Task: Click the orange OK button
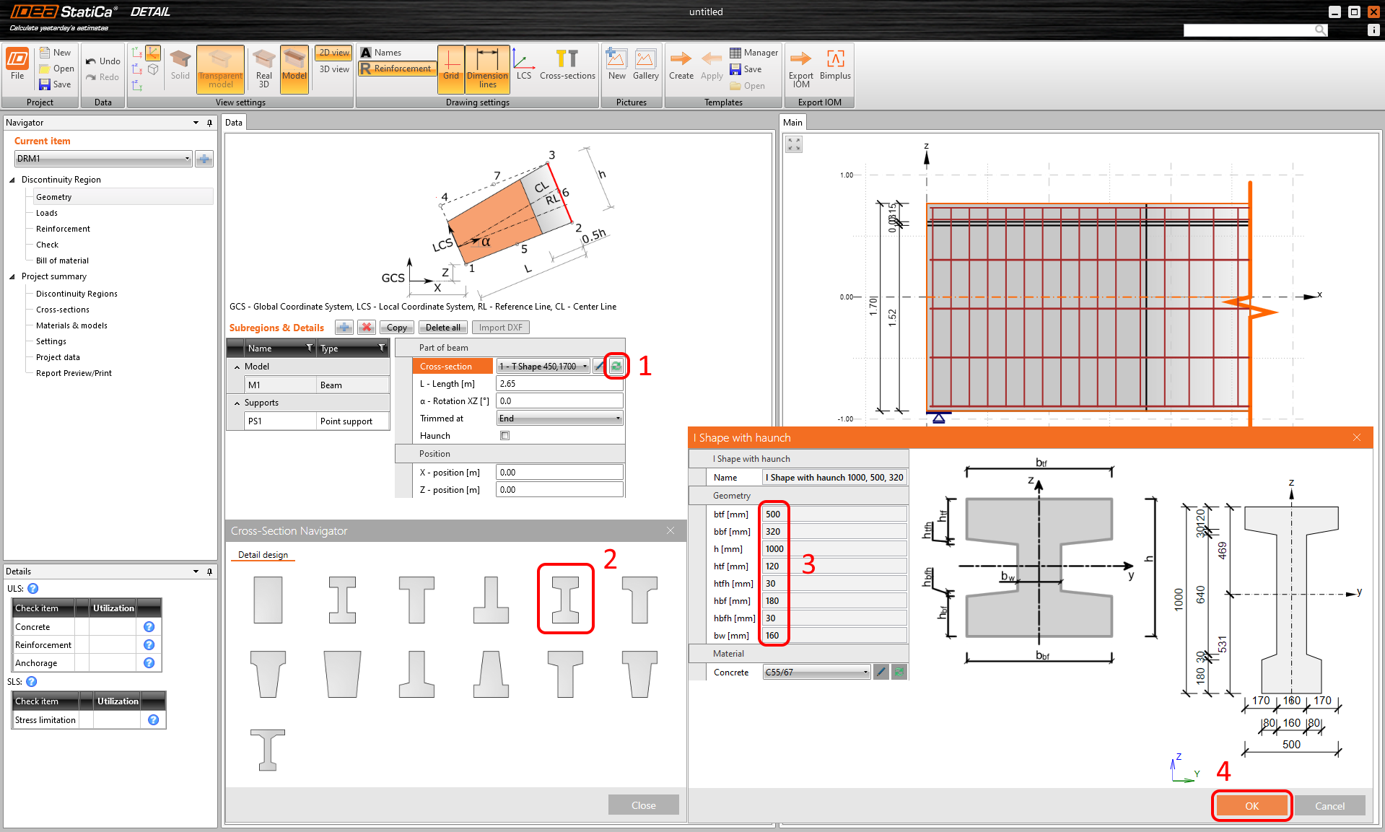[x=1251, y=806]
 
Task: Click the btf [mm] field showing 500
[x=834, y=514]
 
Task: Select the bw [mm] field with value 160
[x=834, y=636]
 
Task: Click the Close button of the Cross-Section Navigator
[x=643, y=805]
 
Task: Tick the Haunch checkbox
[x=505, y=436]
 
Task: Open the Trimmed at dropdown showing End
[x=559, y=419]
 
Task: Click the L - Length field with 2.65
[x=559, y=384]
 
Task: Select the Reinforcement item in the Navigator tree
[x=63, y=229]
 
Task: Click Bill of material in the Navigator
[x=62, y=260]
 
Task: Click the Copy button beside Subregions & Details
[x=396, y=328]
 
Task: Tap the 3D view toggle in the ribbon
[x=334, y=69]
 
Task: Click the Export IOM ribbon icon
[x=800, y=66]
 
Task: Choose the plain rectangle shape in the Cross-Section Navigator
[x=268, y=600]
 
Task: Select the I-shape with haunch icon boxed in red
[x=565, y=600]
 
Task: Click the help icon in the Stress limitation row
[x=153, y=720]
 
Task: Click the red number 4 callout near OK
[x=1223, y=771]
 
